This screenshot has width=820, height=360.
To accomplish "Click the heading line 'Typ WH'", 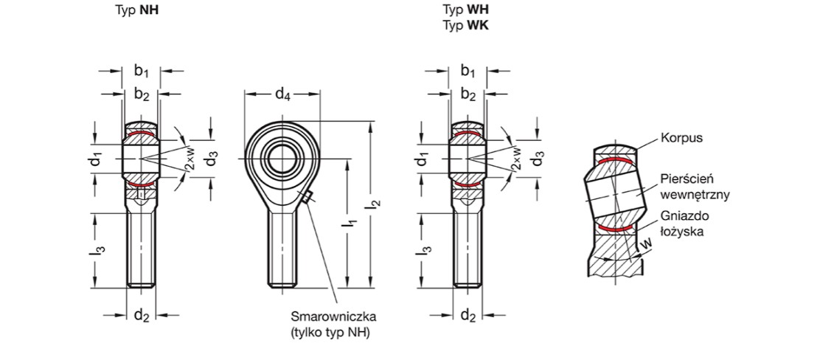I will (x=465, y=10).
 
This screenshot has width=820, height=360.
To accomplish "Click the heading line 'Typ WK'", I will (x=465, y=25).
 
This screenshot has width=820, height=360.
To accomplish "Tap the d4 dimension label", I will (x=282, y=94).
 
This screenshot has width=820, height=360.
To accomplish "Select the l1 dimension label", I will (x=352, y=226).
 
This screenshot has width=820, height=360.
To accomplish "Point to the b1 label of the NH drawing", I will (x=141, y=72).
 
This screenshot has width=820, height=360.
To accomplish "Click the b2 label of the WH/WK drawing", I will (x=468, y=94).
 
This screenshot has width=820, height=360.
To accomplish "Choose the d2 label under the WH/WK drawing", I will (x=468, y=316).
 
